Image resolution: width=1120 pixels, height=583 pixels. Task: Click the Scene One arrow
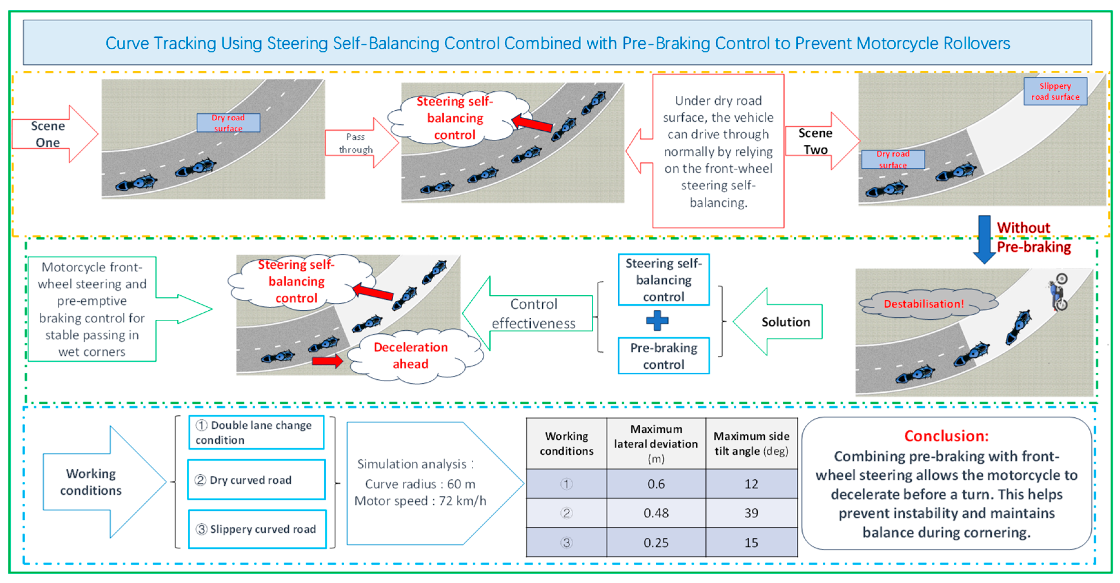tap(52, 134)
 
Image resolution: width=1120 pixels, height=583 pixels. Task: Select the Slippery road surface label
tap(1055, 91)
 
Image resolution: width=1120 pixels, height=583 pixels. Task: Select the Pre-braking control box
tap(663, 356)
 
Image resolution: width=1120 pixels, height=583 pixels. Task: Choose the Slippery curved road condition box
tap(257, 529)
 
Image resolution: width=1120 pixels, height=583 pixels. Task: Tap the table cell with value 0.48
tap(656, 513)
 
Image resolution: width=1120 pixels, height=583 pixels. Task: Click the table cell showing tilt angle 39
tap(751, 513)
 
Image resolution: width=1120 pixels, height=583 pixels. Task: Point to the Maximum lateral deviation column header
tap(656, 443)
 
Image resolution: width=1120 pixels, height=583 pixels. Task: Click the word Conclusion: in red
tap(946, 436)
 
